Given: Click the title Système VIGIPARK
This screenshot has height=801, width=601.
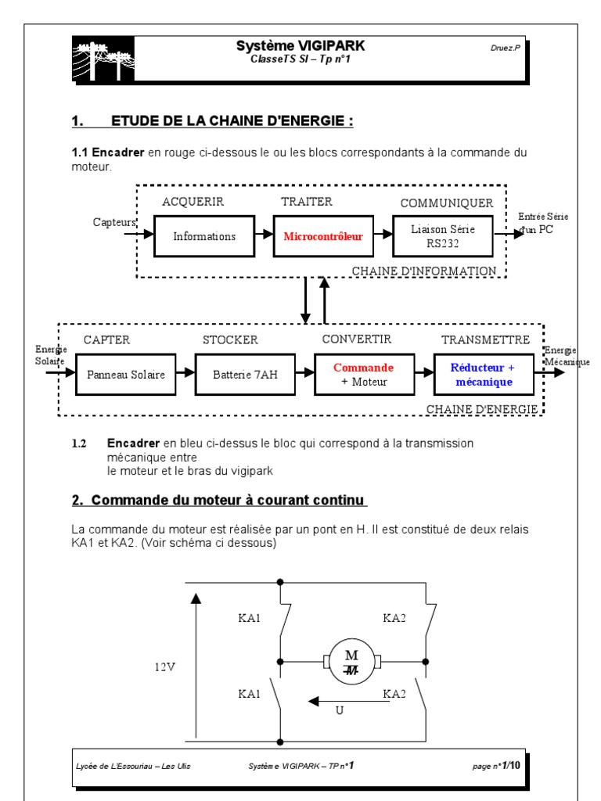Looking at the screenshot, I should [x=300, y=46].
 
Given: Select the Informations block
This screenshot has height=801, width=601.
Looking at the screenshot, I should [x=204, y=236].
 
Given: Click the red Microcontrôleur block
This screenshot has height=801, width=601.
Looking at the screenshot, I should [x=323, y=236].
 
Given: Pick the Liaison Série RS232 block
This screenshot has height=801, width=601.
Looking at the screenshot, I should [x=443, y=235].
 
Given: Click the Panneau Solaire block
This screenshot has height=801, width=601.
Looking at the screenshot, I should [x=125, y=375].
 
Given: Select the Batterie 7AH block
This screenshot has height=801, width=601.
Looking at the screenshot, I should [x=244, y=375].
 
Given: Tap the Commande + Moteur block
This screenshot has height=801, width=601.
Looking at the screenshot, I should [x=363, y=374].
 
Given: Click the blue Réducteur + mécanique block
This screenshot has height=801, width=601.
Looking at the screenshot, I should [x=483, y=374].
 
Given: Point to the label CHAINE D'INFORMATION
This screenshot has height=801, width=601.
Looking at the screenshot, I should [x=423, y=271].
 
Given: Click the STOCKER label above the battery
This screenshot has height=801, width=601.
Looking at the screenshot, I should [x=229, y=339].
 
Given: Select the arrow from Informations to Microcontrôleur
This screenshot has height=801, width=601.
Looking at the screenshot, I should [x=264, y=235].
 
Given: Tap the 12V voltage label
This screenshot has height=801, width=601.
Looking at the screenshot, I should [x=165, y=667].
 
